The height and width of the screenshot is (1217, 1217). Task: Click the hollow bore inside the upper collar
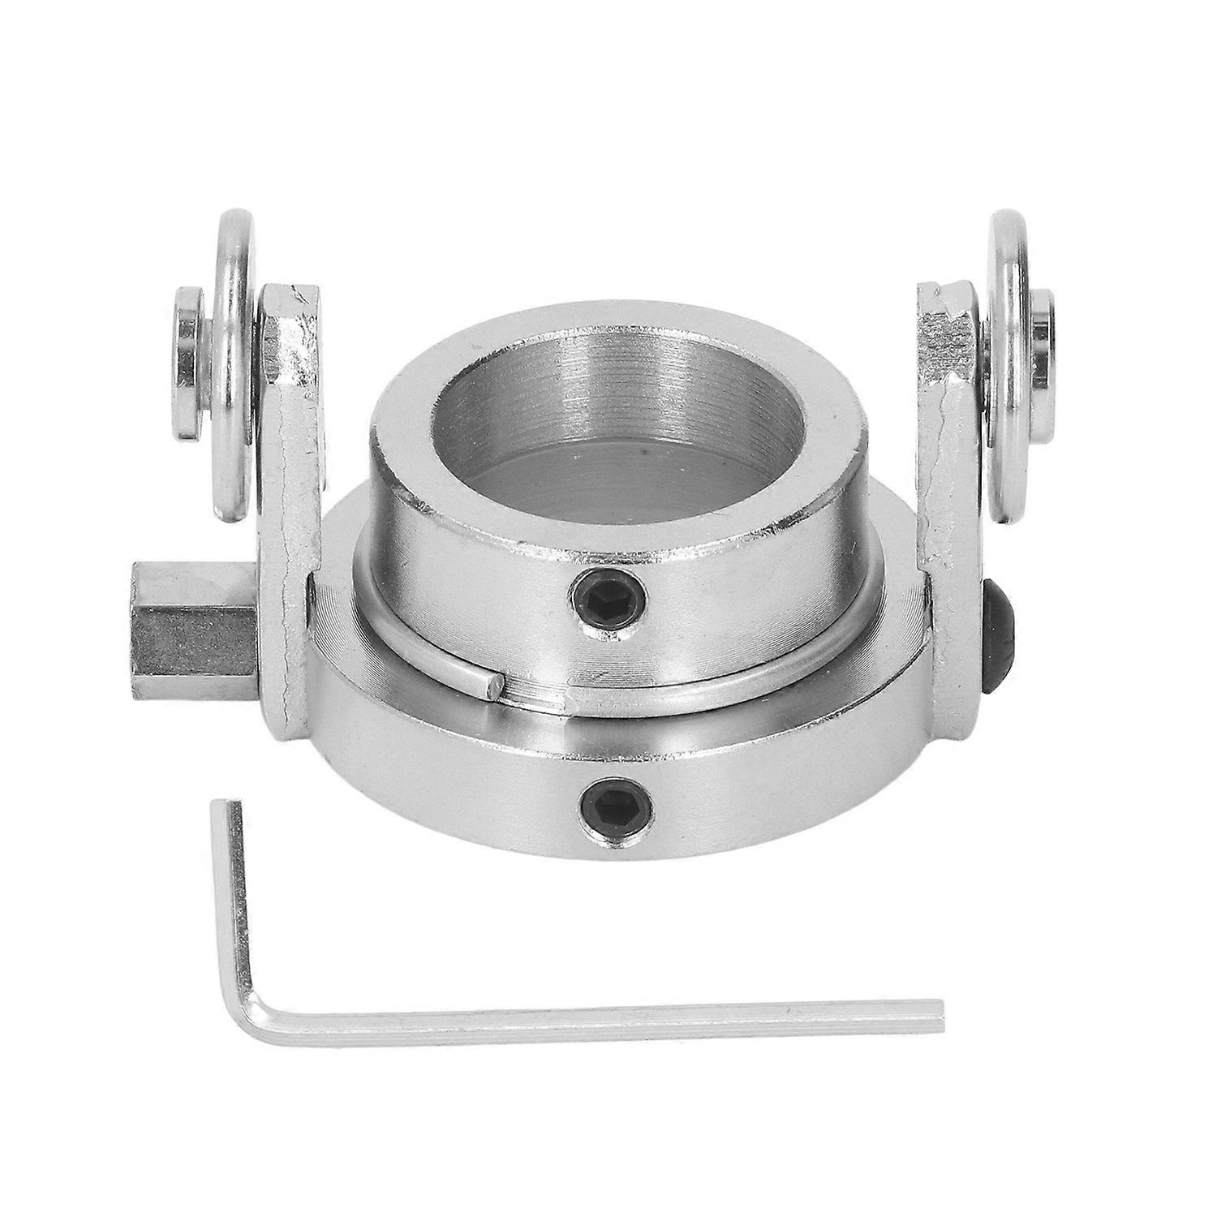(617, 422)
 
